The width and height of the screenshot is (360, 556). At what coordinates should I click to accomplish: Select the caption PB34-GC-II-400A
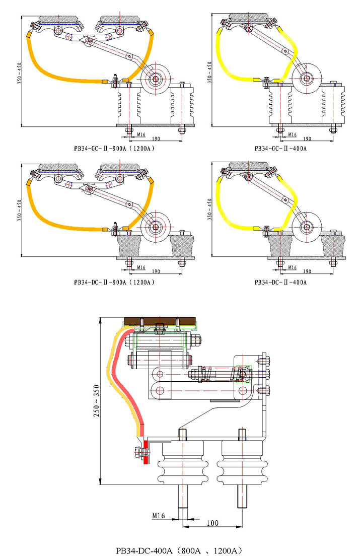point(280,149)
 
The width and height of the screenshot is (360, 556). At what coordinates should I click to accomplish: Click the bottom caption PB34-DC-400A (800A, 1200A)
point(180,549)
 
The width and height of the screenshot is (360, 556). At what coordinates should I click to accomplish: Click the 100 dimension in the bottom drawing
point(212,523)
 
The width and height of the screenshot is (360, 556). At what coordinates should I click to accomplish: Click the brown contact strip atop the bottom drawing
point(160,321)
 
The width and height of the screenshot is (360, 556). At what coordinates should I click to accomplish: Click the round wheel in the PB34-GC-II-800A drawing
point(156,78)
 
